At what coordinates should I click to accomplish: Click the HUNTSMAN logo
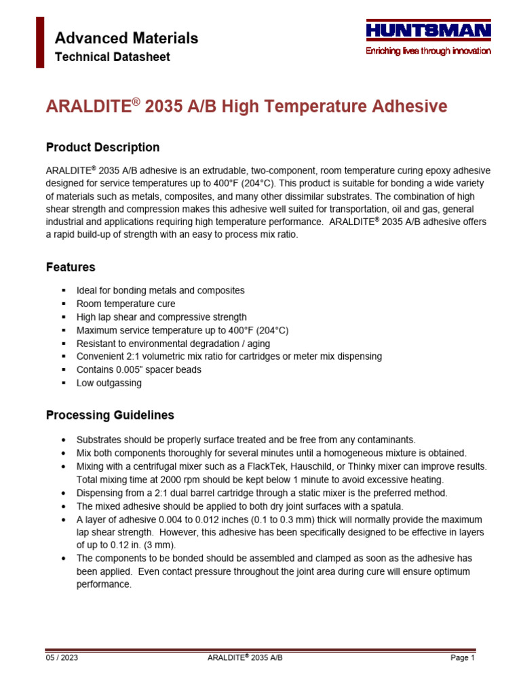(428, 30)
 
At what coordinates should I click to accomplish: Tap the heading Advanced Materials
(126, 38)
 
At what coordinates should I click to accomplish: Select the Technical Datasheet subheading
(112, 57)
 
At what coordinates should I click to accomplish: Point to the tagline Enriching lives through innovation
(428, 52)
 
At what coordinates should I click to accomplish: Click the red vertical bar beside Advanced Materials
(40, 42)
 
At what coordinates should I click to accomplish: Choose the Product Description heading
(102, 147)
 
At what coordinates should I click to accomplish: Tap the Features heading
(71, 267)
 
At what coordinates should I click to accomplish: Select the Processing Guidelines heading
(110, 415)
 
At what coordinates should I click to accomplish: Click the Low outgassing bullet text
(109, 383)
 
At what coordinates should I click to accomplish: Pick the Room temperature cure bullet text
(126, 304)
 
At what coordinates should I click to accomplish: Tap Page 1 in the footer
(463, 658)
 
